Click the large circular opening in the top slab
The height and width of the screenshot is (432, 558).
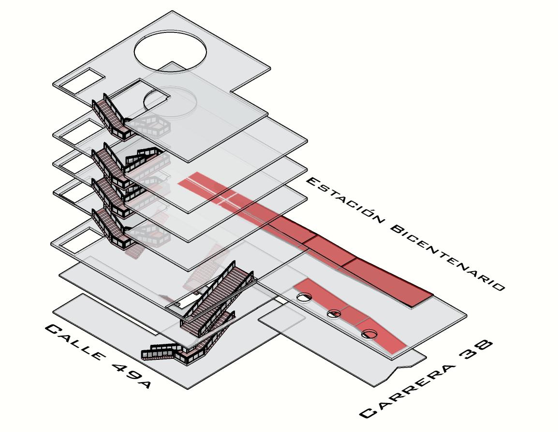170,50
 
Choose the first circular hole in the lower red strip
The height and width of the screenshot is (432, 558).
304,297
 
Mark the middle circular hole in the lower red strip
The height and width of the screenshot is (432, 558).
334,314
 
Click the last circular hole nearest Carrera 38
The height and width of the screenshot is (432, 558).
369,334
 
